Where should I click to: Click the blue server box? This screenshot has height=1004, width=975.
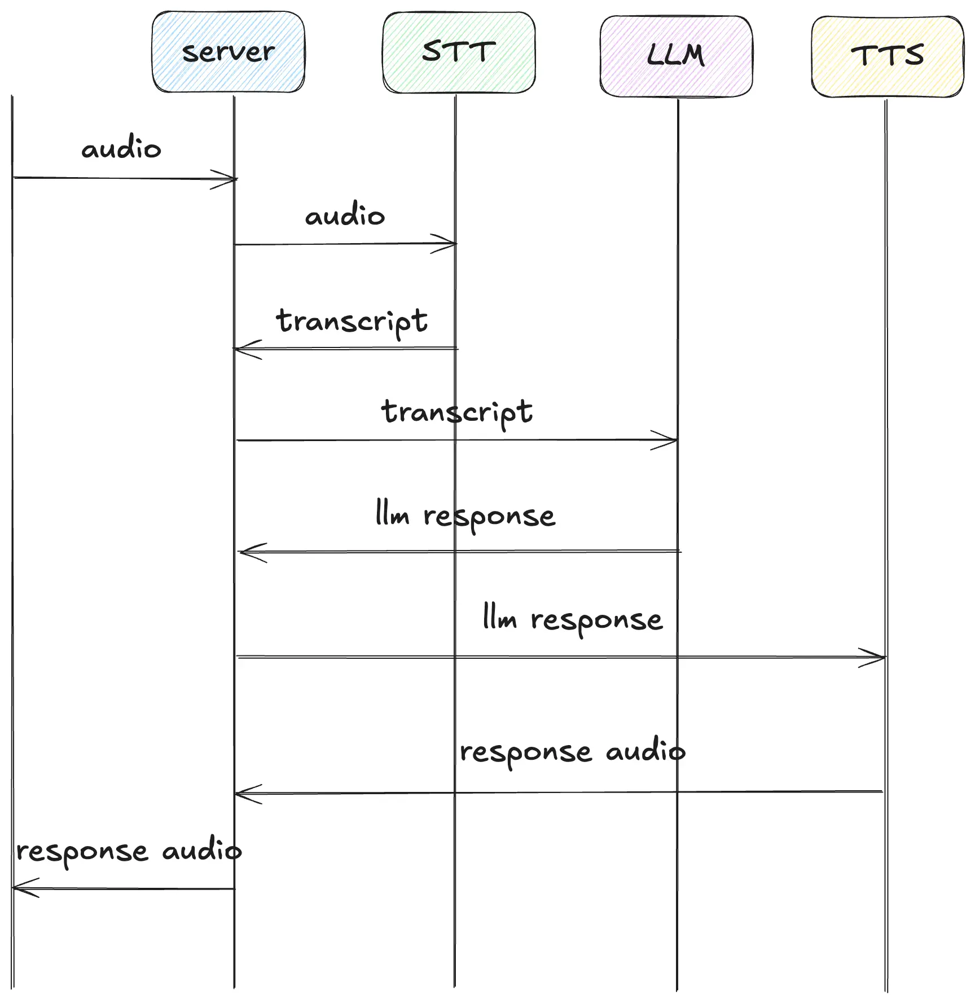click(x=228, y=52)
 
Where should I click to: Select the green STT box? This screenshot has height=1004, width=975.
click(x=459, y=52)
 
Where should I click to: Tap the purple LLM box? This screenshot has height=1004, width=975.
click(x=675, y=56)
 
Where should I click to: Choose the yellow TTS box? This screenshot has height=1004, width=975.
click(x=887, y=56)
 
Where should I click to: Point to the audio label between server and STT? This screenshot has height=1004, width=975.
click(x=345, y=215)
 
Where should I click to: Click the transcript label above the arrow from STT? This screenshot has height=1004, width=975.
click(x=352, y=322)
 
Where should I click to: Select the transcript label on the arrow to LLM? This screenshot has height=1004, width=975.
click(x=457, y=412)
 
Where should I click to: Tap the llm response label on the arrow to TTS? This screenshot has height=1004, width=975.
click(x=573, y=620)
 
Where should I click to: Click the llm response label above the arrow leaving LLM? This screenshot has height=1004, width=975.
click(x=465, y=516)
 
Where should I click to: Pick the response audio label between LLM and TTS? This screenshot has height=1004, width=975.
click(x=572, y=752)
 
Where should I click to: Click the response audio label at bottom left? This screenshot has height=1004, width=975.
click(x=129, y=851)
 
